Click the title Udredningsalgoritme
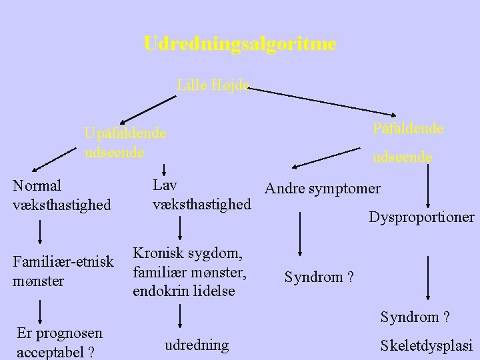point(239,45)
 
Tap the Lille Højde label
point(213,85)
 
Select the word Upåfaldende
point(125,133)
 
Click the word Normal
point(37,185)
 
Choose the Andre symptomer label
point(323,189)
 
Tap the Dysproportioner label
point(421,217)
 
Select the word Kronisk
point(159,253)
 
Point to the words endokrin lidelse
point(184,291)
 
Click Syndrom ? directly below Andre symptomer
point(319,276)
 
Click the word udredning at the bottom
point(197,345)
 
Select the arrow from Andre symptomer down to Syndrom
point(301,235)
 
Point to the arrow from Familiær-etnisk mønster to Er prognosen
point(41,310)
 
